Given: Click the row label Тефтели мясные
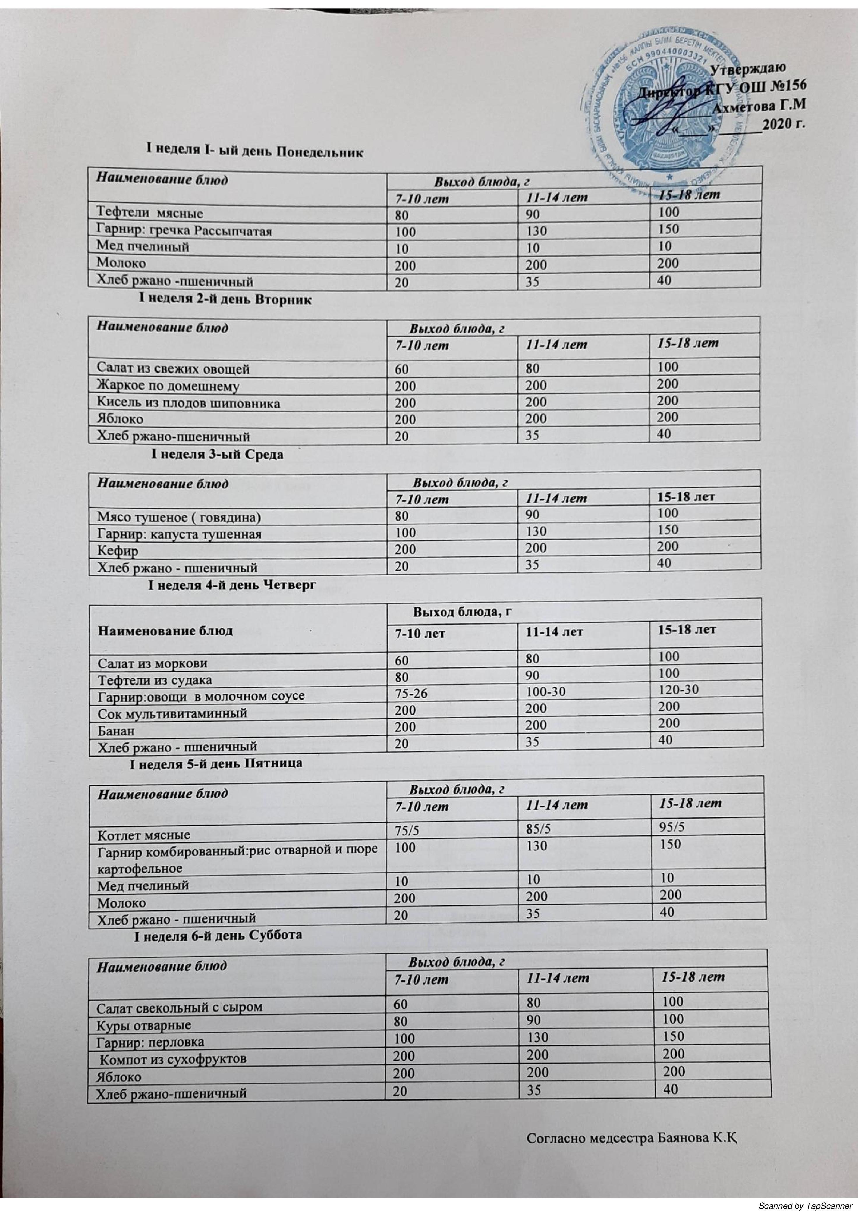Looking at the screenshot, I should point(150,213).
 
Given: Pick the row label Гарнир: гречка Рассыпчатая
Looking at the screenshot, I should point(184,230).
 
